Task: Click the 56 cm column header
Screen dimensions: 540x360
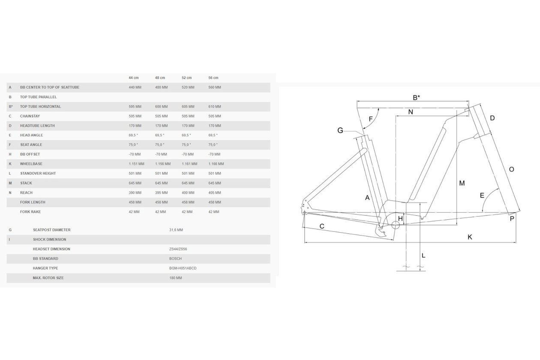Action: [213, 78]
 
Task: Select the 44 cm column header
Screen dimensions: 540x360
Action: [134, 78]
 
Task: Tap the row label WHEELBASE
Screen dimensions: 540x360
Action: [31, 164]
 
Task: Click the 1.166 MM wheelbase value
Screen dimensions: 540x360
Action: [216, 164]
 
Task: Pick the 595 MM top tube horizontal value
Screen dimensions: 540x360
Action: [135, 107]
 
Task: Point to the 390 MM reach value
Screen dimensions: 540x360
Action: [135, 193]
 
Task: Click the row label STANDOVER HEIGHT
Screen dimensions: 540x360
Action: [38, 174]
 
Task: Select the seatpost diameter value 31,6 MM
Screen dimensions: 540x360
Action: [176, 230]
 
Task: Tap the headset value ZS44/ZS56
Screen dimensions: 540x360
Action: [178, 249]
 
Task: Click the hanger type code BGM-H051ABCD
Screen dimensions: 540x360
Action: [183, 268]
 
